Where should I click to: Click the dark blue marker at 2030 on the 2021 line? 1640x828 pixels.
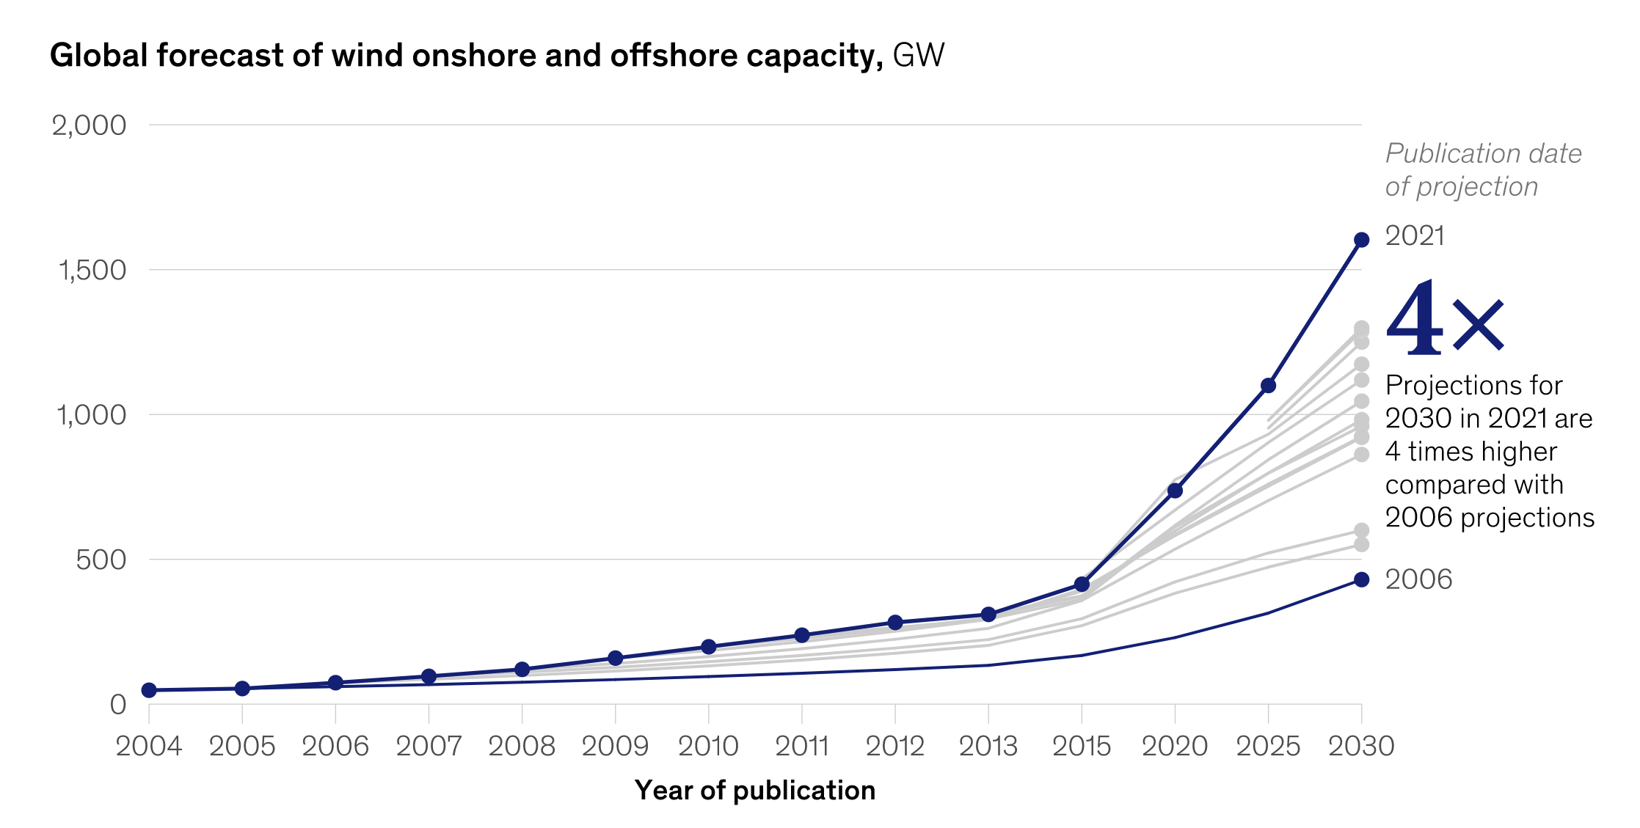click(x=1361, y=240)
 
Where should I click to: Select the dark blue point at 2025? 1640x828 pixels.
click(x=1268, y=386)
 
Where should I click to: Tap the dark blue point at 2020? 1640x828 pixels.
click(x=1175, y=491)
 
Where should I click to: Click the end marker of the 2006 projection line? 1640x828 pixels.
click(x=1361, y=579)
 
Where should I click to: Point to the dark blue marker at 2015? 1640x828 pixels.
click(x=1082, y=585)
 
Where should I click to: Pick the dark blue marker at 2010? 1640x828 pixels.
click(x=708, y=647)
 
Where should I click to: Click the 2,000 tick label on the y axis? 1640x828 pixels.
click(x=89, y=125)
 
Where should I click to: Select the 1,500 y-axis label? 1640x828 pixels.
click(x=91, y=271)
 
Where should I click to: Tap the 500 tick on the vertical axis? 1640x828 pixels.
click(x=101, y=560)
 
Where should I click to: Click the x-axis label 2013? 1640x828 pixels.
click(x=988, y=747)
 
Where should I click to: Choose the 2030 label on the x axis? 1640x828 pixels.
click(x=1361, y=747)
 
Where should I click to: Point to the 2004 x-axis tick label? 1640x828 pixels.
click(x=149, y=747)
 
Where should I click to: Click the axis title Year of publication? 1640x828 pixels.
click(x=755, y=791)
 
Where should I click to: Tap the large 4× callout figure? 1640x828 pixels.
click(x=1444, y=320)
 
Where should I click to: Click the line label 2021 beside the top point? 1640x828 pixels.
click(x=1414, y=236)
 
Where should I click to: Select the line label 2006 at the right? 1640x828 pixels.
click(x=1418, y=580)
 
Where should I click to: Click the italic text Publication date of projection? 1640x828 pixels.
click(x=1482, y=170)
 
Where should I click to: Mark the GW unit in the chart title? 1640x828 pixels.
click(x=918, y=56)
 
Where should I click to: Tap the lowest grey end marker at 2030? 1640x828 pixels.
click(x=1361, y=544)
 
